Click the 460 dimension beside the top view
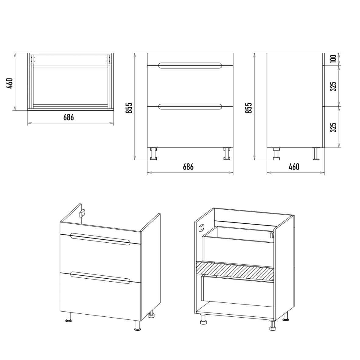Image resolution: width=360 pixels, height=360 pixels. coord(10,83)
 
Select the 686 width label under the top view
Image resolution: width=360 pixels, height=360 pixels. coord(69,118)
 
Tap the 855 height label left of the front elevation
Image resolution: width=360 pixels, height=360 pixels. coord(129,108)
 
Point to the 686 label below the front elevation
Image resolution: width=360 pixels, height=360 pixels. coord(188,167)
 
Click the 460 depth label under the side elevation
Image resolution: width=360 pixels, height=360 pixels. coord(294,167)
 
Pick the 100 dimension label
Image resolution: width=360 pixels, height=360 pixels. coord(333,59)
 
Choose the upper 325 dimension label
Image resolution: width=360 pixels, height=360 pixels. coord(333,86)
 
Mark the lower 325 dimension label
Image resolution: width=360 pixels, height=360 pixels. coord(333,127)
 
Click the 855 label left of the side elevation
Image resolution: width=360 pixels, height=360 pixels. coord(249,108)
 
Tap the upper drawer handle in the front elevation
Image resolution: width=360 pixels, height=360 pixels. coord(190,65)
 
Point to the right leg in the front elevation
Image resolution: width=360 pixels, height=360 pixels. coord(227,154)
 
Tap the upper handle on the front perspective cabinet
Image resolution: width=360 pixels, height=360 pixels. coord(100,239)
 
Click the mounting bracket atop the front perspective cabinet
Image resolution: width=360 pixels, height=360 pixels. coord(82,213)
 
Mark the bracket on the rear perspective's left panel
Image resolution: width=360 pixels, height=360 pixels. coord(201,228)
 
